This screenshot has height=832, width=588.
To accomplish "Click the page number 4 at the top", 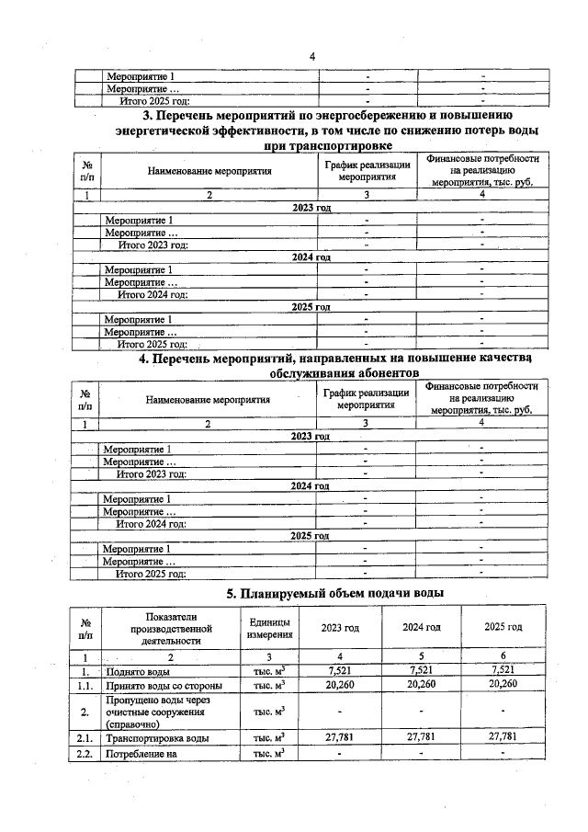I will pos(312,57).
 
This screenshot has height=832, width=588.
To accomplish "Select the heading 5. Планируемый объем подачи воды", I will pos(335,593).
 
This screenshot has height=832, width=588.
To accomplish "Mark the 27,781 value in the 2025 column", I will pos(503,737).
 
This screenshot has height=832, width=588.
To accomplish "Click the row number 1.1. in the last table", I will pos(85,684).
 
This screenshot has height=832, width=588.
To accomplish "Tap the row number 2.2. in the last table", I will pos(85,754).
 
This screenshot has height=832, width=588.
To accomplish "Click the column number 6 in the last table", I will pos(503,657).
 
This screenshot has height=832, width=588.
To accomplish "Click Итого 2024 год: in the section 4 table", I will pos(151,523).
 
